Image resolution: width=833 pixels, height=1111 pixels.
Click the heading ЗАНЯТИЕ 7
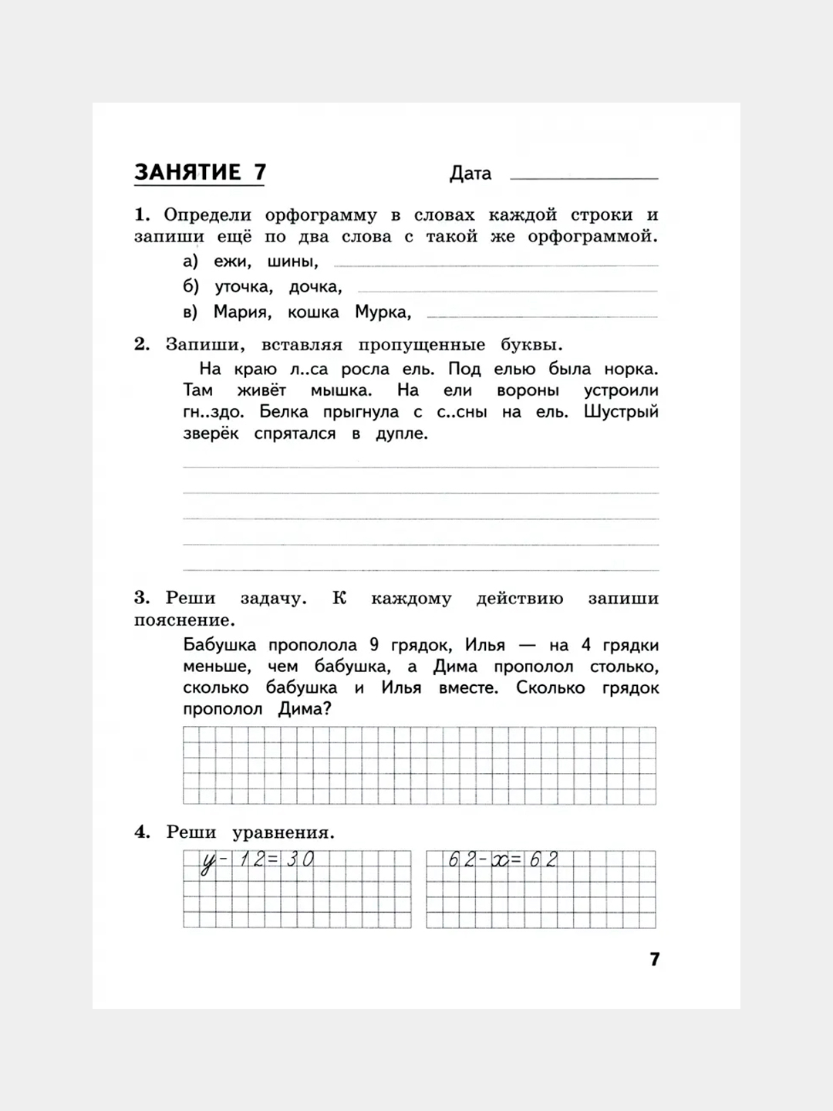tap(200, 172)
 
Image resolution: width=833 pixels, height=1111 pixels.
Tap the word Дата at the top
tap(470, 174)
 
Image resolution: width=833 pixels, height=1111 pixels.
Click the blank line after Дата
tap(584, 177)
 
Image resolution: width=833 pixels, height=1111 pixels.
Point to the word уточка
tap(244, 287)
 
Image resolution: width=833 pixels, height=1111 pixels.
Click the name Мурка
tap(383, 312)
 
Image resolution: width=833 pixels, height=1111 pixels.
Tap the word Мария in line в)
tap(241, 312)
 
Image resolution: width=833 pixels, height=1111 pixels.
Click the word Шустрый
tap(621, 411)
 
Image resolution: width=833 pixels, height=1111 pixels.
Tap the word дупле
tap(401, 434)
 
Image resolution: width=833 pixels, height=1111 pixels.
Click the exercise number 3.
tap(141, 598)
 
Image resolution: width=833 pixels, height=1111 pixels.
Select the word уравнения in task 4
tap(283, 832)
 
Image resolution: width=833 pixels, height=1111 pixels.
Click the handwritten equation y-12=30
tap(257, 860)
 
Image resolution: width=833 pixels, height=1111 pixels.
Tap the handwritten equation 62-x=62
tap(502, 859)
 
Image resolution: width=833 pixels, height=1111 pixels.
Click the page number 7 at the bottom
tap(655, 959)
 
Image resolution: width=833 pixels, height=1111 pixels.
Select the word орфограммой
tap(592, 237)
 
